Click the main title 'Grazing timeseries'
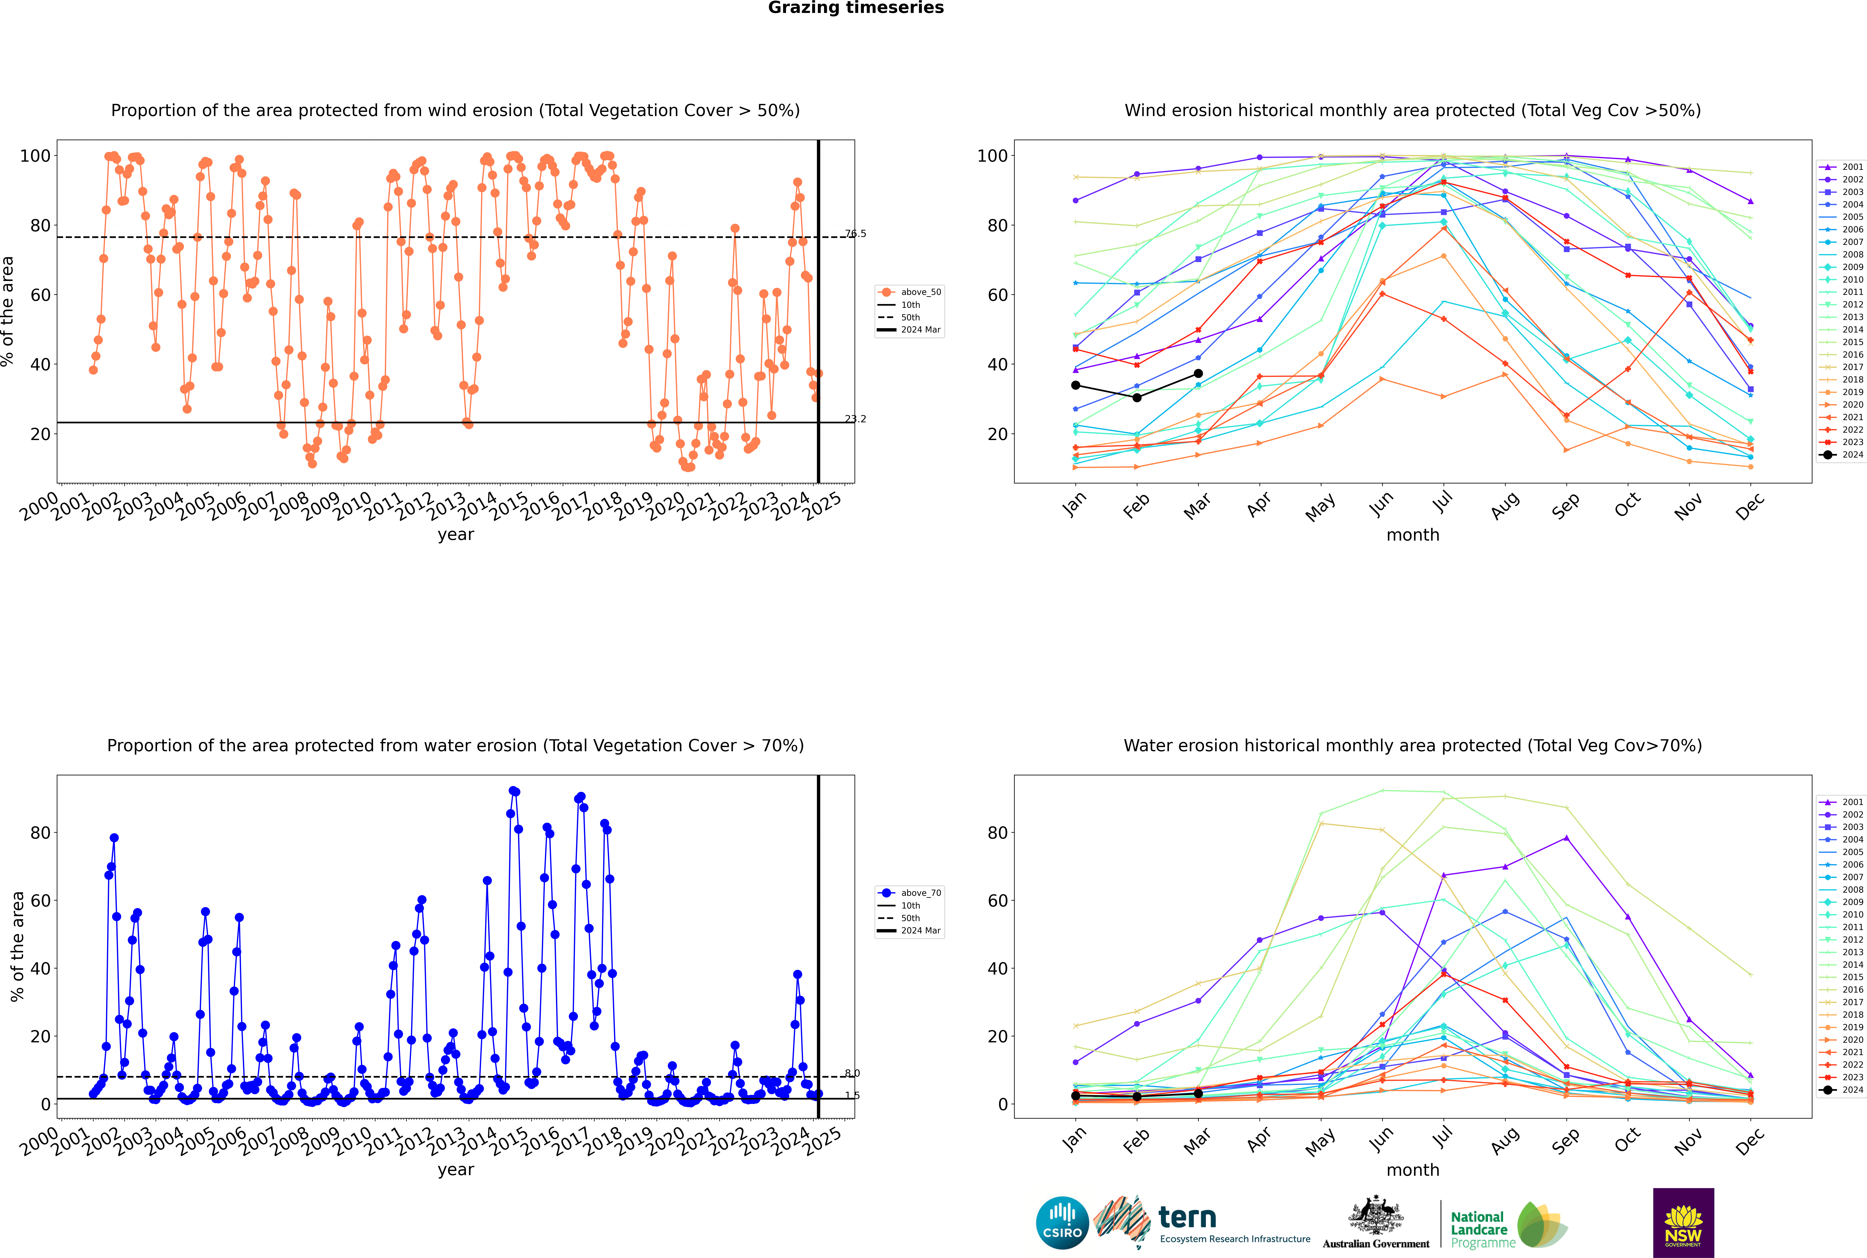tap(856, 8)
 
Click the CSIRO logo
tap(1062, 1223)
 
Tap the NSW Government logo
tap(1683, 1223)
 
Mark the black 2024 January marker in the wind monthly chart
tap(1076, 385)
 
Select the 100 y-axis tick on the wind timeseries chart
tap(35, 156)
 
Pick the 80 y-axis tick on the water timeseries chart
tap(40, 833)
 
